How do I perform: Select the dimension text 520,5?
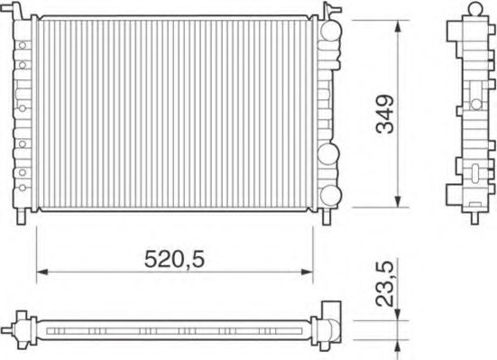pyautogui.click(x=173, y=259)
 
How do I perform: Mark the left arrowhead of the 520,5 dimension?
pyautogui.click(x=40, y=272)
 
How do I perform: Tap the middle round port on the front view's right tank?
pyautogui.click(x=329, y=152)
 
